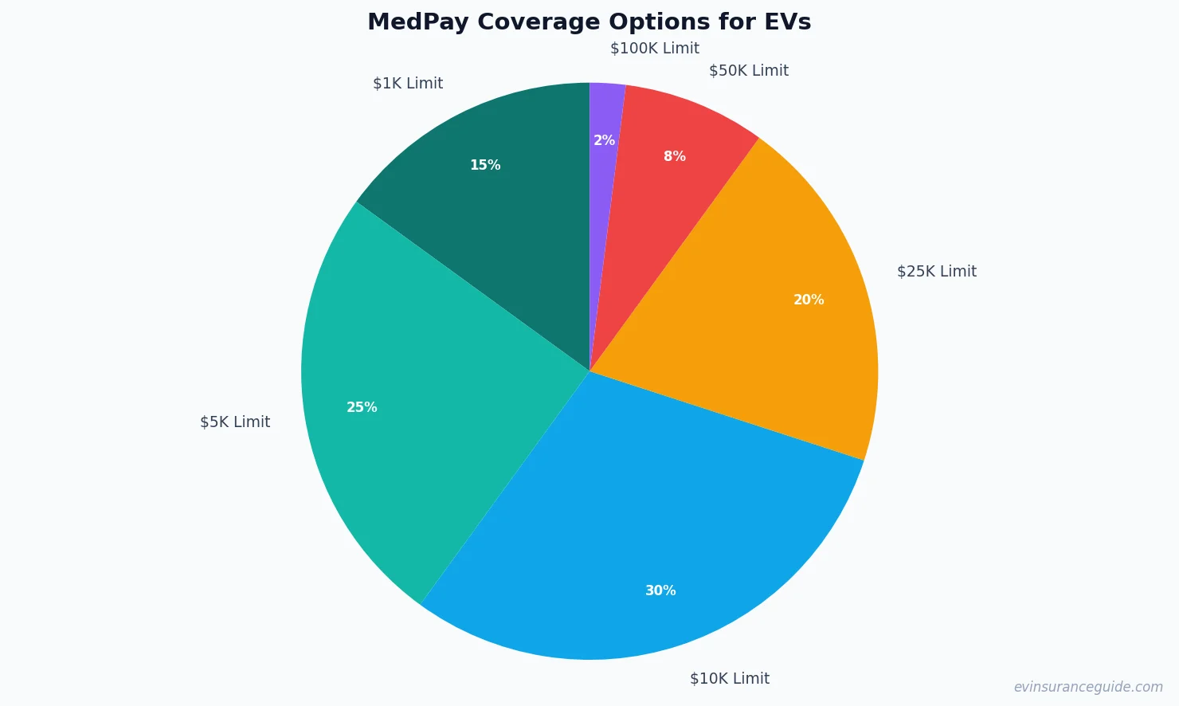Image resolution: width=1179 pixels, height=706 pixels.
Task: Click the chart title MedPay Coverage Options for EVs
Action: [x=589, y=22]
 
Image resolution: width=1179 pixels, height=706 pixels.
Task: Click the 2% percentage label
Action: [x=604, y=141]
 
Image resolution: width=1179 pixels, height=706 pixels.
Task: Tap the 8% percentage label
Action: [x=675, y=157]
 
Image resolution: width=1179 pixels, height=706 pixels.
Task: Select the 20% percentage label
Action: [x=809, y=300]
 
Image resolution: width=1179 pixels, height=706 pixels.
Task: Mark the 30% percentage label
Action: [x=660, y=591]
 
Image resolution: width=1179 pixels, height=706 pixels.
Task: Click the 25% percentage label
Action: [x=362, y=408]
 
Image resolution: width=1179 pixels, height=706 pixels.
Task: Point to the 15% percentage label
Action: [x=485, y=166]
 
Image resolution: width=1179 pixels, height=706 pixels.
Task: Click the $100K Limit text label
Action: [x=655, y=49]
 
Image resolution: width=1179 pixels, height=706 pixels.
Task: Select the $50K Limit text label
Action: [x=749, y=71]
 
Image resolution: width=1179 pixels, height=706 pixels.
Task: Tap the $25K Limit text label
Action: [x=937, y=272]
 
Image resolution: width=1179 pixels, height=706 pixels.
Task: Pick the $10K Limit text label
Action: [x=730, y=679]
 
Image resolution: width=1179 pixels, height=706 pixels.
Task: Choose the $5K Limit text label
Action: [x=235, y=422]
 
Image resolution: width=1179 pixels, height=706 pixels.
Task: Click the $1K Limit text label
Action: [x=408, y=84]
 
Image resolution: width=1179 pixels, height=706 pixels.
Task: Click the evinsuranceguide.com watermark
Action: [x=1088, y=687]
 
